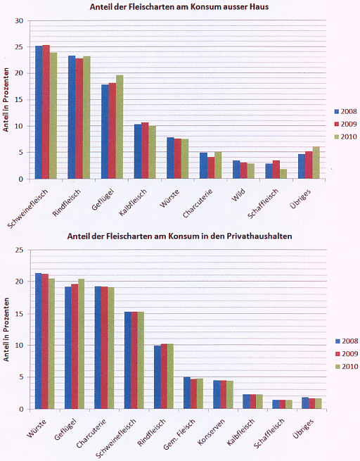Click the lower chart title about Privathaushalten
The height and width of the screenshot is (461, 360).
(179, 236)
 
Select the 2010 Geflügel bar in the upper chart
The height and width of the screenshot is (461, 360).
(120, 127)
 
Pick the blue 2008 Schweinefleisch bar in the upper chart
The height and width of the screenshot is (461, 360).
(39, 113)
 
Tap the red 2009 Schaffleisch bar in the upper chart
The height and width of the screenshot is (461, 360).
(276, 170)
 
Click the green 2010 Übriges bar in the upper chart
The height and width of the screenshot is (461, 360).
(316, 163)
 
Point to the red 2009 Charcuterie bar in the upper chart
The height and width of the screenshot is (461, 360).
(210, 168)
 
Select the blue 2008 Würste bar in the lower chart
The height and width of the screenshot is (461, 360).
(38, 341)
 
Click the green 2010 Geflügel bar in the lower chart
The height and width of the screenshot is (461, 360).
(81, 343)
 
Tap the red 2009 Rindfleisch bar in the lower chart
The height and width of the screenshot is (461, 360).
(164, 377)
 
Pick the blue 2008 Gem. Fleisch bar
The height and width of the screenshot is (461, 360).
(187, 393)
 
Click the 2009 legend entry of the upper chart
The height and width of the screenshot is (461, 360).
(346, 124)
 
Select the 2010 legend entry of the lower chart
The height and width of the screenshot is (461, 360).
(347, 367)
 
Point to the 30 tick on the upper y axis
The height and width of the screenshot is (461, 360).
(19, 21)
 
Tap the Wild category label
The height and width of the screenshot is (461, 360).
(238, 195)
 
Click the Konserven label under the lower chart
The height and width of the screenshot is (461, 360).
(211, 431)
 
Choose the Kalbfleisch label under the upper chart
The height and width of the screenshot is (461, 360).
(133, 202)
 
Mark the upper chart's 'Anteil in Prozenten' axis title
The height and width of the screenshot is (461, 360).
(6, 100)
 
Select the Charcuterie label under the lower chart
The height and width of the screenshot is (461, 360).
(91, 434)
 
